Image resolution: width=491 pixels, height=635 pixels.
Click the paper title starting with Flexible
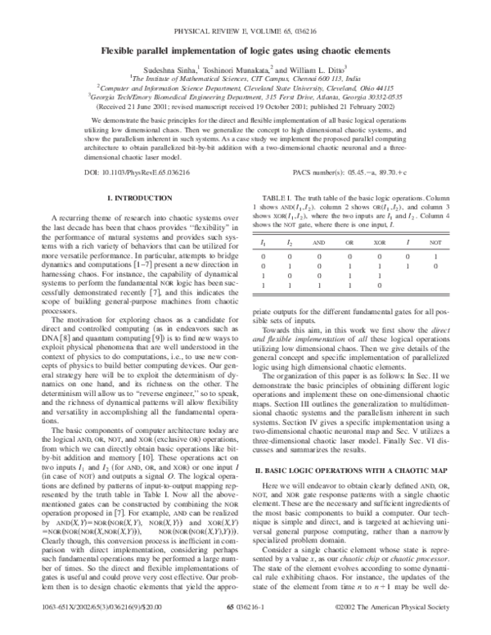click(x=245, y=50)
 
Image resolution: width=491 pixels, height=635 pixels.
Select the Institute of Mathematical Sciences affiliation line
click(x=245, y=79)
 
